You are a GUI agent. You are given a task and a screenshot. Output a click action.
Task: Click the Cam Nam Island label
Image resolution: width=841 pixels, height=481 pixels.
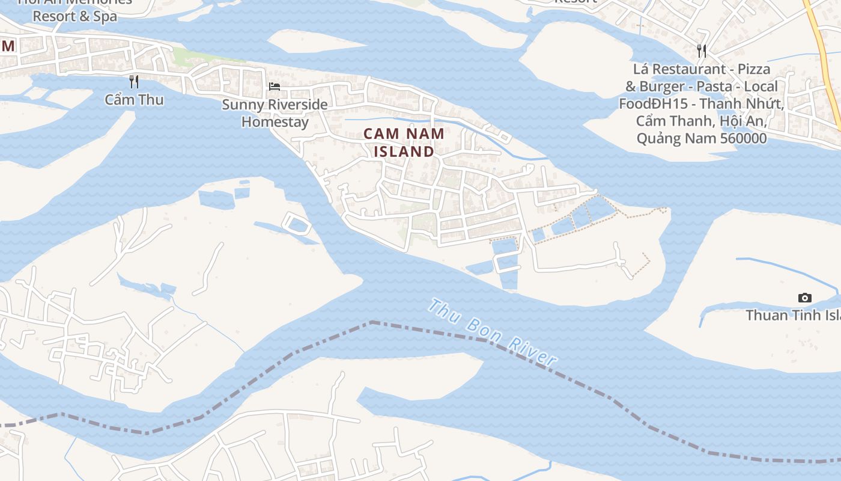(404, 142)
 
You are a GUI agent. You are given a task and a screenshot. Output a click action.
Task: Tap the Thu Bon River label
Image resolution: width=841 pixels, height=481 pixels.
(492, 332)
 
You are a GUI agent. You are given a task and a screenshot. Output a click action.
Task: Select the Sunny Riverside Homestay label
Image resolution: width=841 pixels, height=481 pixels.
(275, 113)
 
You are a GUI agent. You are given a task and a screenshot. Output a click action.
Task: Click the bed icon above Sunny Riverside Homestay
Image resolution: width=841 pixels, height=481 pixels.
(275, 87)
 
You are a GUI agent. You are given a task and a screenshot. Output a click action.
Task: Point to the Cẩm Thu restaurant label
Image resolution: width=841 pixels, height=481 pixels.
(134, 100)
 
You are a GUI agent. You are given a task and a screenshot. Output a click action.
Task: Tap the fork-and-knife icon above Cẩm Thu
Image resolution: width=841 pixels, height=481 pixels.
(134, 81)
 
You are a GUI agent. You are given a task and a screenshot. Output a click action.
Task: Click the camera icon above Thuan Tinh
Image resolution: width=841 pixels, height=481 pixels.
(804, 298)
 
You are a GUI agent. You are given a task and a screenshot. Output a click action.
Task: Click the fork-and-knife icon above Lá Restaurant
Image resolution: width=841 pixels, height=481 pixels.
(701, 51)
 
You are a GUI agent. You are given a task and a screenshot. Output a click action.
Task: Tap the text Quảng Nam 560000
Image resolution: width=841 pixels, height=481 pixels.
(701, 138)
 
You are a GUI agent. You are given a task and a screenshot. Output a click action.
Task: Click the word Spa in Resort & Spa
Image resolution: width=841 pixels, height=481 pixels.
(105, 16)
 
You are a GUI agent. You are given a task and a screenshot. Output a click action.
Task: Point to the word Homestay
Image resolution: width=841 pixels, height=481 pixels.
(275, 122)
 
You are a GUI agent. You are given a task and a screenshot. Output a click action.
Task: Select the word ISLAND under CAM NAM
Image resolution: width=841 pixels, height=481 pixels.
(404, 152)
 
